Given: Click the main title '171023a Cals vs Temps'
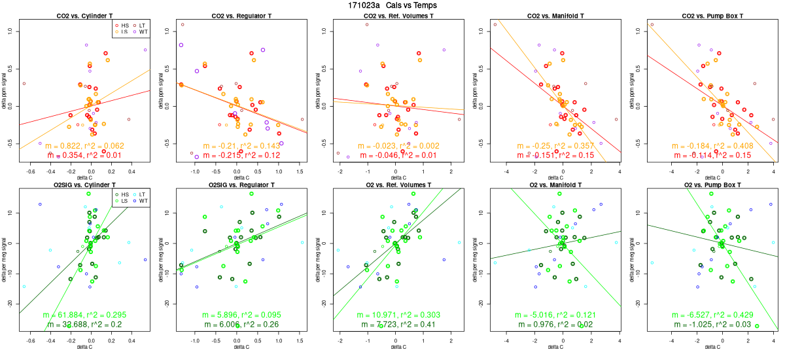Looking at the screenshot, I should [392, 5].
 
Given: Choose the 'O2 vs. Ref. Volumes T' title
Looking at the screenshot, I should [395, 185].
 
